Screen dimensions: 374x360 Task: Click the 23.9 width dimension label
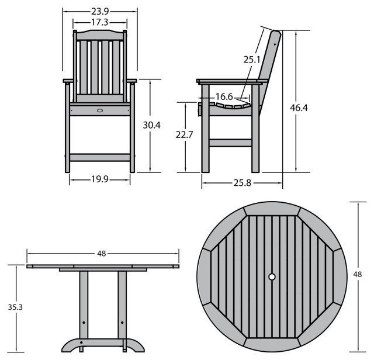pyautogui.click(x=100, y=11)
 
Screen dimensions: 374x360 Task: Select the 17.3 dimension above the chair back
pyautogui.click(x=100, y=22)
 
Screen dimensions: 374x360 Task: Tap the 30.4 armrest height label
pyautogui.click(x=152, y=125)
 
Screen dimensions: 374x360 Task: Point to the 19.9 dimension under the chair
pyautogui.click(x=100, y=179)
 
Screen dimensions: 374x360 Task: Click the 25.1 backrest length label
pyautogui.click(x=252, y=60)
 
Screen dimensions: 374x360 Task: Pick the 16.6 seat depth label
pyautogui.click(x=224, y=96)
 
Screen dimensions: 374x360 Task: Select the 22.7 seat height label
pyautogui.click(x=184, y=135)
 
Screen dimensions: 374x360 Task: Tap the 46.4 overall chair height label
pyautogui.click(x=299, y=108)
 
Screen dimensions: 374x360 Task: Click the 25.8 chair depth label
pyautogui.click(x=243, y=183)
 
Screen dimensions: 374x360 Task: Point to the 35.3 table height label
pyautogui.click(x=15, y=307)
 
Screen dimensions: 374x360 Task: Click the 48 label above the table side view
pyautogui.click(x=101, y=254)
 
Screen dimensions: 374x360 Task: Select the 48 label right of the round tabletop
pyautogui.click(x=357, y=274)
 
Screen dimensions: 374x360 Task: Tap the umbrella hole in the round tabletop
pyautogui.click(x=272, y=277)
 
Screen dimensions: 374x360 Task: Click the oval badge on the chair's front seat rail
pyautogui.click(x=100, y=110)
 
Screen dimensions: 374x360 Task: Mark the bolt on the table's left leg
pyautogui.click(x=84, y=323)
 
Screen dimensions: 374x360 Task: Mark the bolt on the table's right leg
pyautogui.click(x=122, y=323)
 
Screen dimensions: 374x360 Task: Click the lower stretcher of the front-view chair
pyautogui.click(x=100, y=157)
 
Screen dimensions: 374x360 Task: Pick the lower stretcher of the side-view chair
pyautogui.click(x=230, y=143)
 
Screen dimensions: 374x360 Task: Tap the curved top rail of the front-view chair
pyautogui.click(x=100, y=35)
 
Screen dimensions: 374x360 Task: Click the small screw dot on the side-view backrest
pyautogui.click(x=275, y=44)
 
